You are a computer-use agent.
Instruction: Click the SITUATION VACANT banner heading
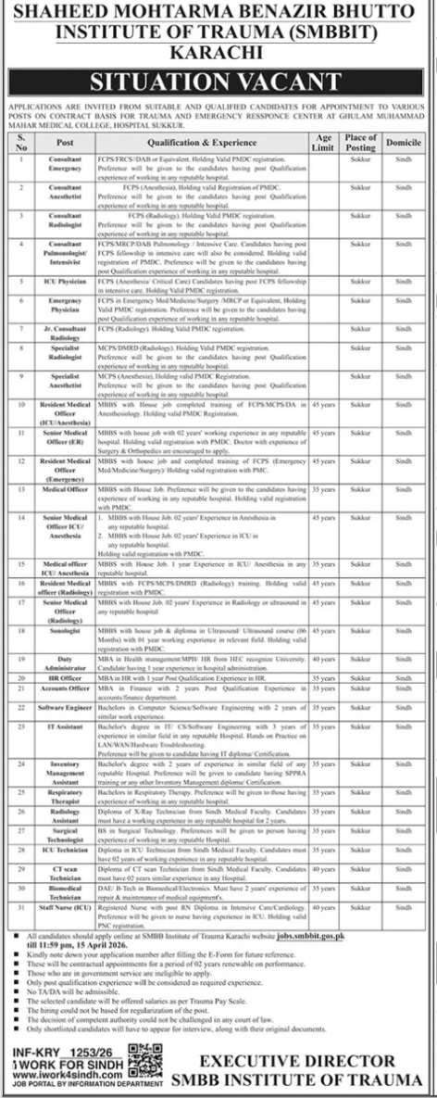point(218,83)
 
